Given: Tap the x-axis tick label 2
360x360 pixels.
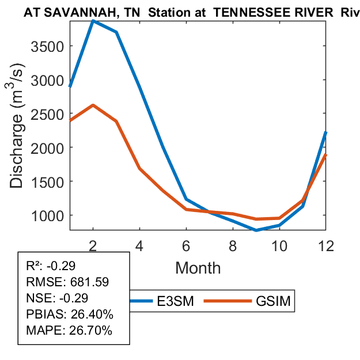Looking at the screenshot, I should point(93,244).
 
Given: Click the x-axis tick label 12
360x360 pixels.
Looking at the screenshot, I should point(325,244).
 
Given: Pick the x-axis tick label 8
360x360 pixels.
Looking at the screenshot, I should point(233,244).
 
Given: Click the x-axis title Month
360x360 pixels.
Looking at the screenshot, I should point(198,268).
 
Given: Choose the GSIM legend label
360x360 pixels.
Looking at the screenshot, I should point(272,301).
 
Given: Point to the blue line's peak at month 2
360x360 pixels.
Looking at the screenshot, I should point(93,21).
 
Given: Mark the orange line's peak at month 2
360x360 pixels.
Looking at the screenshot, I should point(93,105).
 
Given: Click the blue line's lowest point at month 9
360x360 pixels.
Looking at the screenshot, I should point(256,230).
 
